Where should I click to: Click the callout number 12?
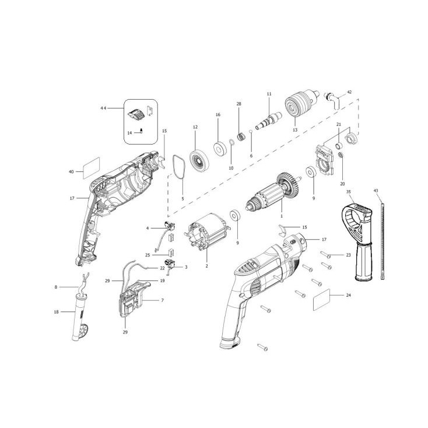point(195,127)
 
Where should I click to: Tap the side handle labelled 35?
point(356,242)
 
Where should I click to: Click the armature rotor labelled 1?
point(273,192)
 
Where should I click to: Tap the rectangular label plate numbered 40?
point(91,168)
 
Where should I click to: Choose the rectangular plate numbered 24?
point(321,299)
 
